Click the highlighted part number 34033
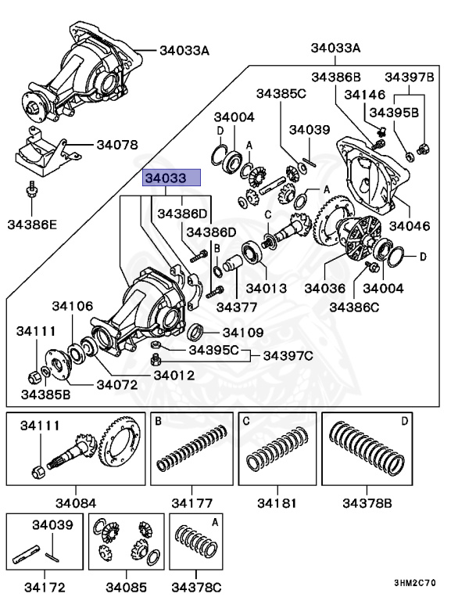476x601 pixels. point(170,178)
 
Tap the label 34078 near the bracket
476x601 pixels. point(117,145)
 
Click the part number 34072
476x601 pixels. point(117,384)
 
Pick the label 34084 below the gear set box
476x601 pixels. point(75,502)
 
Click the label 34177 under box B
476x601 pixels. point(192,502)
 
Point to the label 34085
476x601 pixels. point(127,586)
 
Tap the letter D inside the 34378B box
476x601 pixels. point(404,421)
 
